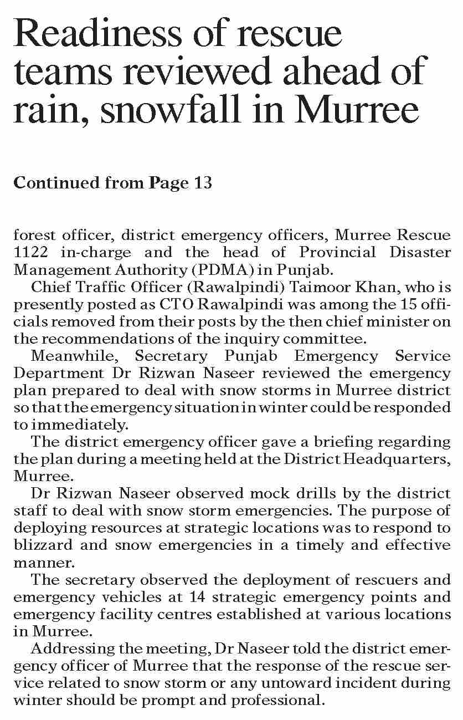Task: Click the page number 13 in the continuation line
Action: click(x=203, y=183)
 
